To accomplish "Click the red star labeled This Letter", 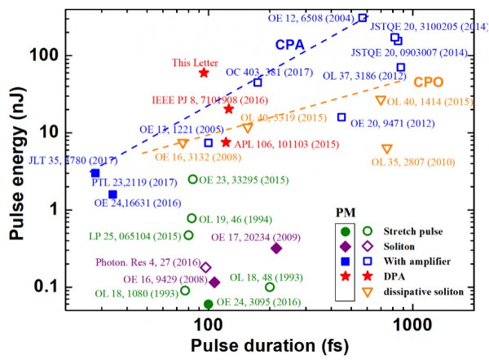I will (204, 72).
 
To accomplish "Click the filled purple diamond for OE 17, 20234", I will (276, 248).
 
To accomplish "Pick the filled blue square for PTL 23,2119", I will (95, 173).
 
